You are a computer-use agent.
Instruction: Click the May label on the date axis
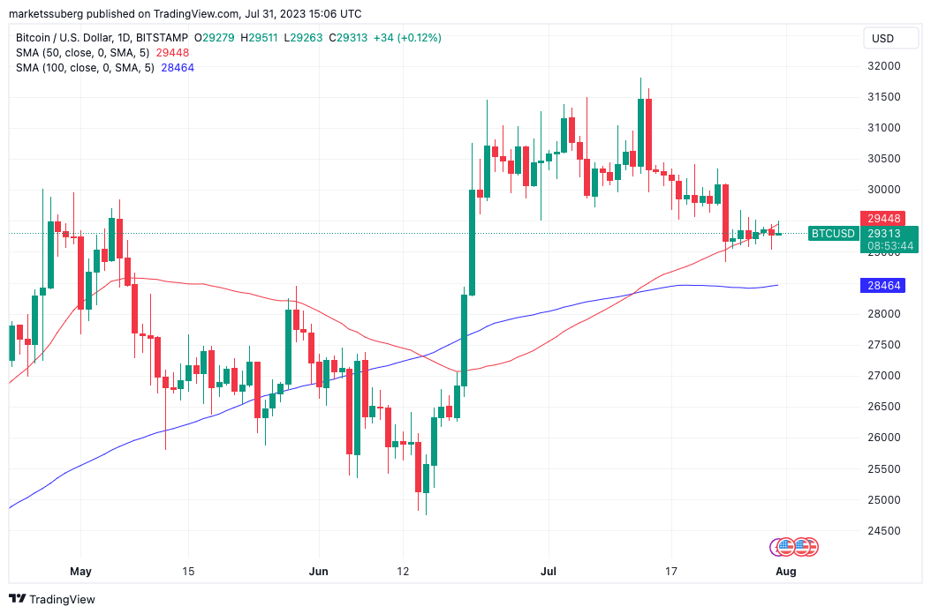point(80,572)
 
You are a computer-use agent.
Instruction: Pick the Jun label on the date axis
point(319,572)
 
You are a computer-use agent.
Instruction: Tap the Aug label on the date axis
point(786,572)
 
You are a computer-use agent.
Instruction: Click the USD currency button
point(882,38)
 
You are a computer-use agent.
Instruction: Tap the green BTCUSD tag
point(832,234)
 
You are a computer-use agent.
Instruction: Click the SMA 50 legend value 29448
point(172,53)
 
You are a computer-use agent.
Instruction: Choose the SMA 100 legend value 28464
point(178,68)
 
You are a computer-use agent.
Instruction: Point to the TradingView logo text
point(62,599)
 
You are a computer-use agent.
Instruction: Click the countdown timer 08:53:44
point(889,245)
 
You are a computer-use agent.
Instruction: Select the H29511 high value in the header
point(261,38)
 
